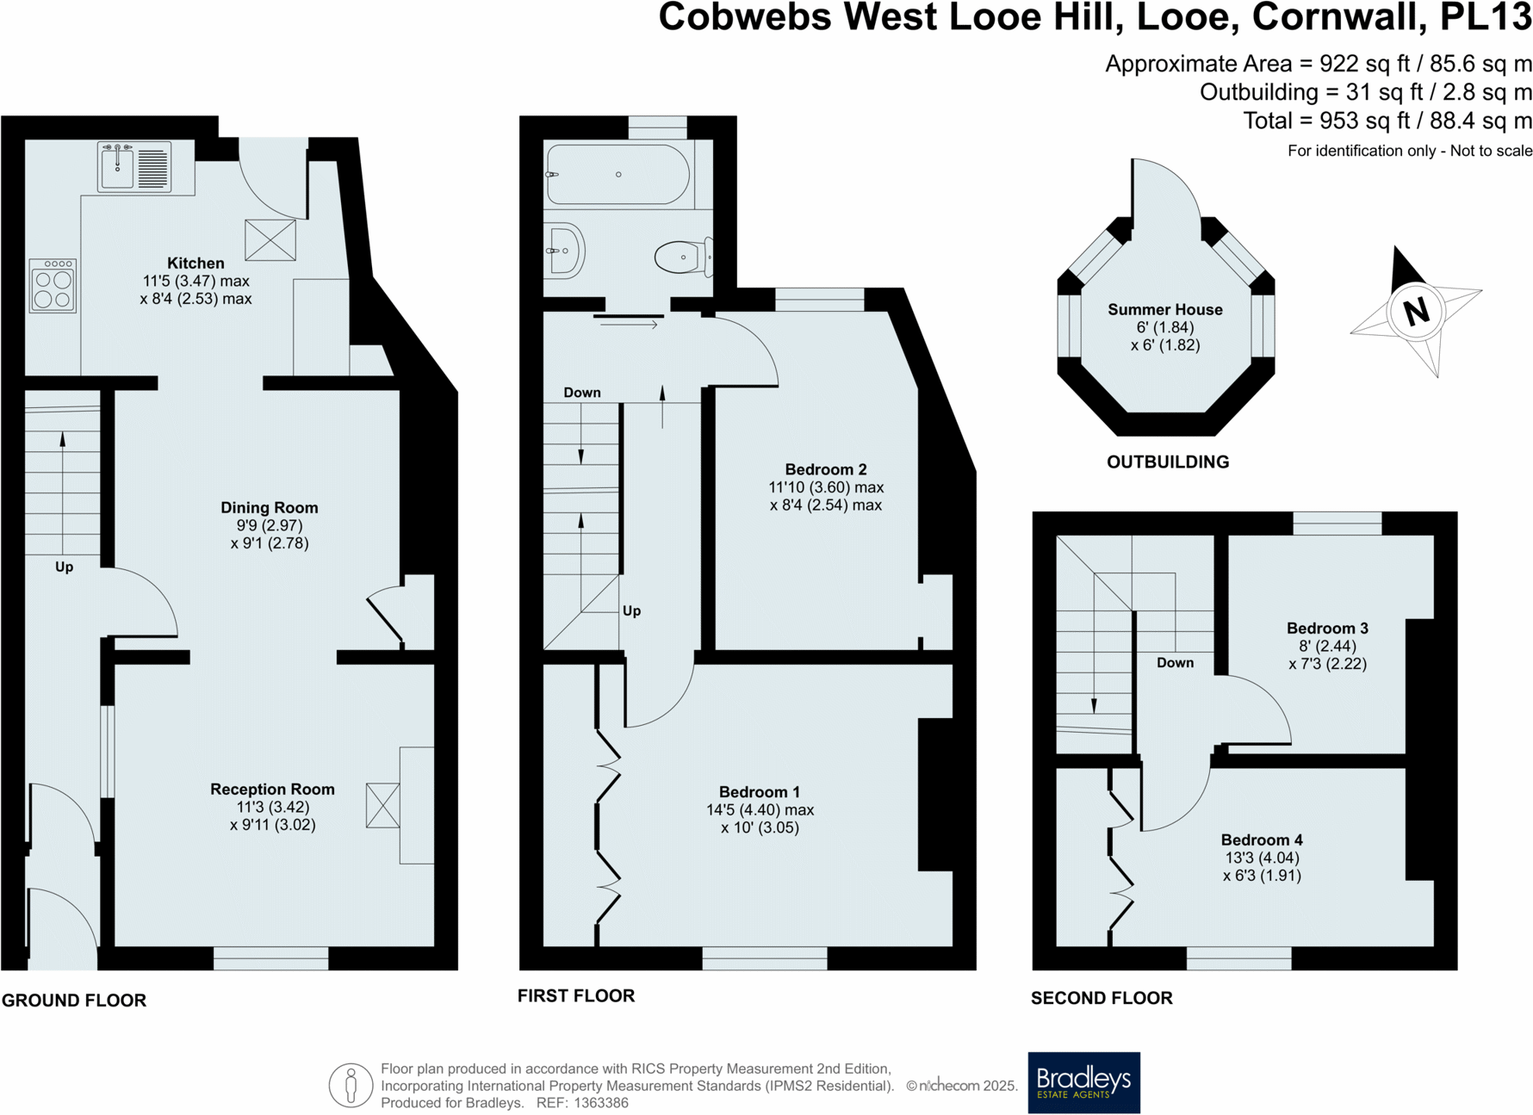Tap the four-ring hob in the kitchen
[x=53, y=285]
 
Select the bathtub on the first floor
[x=618, y=175]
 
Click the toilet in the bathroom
[x=682, y=257]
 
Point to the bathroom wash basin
[x=564, y=251]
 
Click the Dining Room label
[x=269, y=508]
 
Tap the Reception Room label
[x=272, y=790]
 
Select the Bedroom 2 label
[x=825, y=469]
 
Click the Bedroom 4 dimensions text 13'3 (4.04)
[x=1262, y=858]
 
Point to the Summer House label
[x=1164, y=310]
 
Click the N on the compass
[x=1416, y=311]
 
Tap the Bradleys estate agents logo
[x=1083, y=1082]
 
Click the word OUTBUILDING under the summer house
[x=1167, y=462]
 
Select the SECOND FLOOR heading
[x=1102, y=998]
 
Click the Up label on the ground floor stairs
[x=64, y=567]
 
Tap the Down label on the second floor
[x=1175, y=663]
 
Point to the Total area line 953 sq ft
[x=1387, y=121]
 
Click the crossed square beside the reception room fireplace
[x=382, y=805]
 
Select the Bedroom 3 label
[x=1327, y=629]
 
